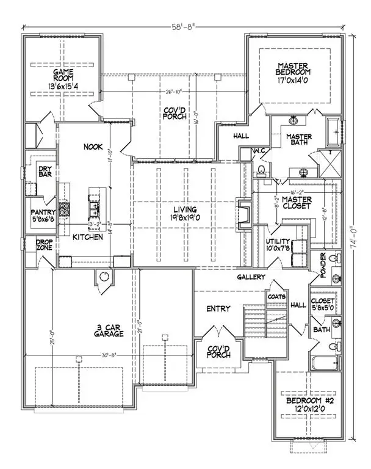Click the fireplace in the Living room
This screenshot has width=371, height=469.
[x=243, y=216]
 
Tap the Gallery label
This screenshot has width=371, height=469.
[x=251, y=277]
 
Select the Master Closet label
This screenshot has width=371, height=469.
[x=297, y=203]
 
